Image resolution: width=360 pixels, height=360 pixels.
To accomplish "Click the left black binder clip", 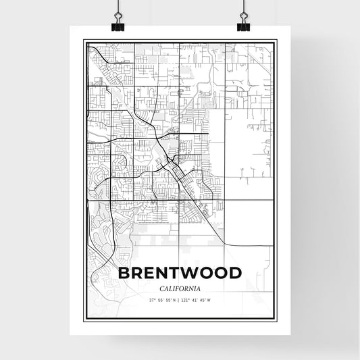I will pyautogui.click(x=119, y=26).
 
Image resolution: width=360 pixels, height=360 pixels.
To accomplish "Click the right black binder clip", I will pyautogui.click(x=243, y=26).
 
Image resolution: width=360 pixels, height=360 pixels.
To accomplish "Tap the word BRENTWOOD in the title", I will pyautogui.click(x=180, y=274).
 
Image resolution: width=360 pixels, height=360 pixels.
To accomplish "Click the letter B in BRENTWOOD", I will pyautogui.click(x=124, y=274).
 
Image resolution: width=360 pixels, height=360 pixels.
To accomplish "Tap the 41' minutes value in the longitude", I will pyautogui.click(x=198, y=301).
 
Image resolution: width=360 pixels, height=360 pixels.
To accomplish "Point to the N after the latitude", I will pyautogui.click(x=174, y=301).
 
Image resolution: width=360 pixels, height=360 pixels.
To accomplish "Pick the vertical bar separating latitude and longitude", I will pyautogui.click(x=179, y=301).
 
